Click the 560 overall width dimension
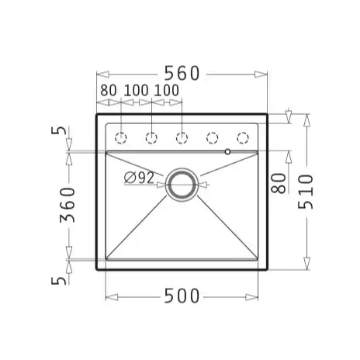coord(182,73)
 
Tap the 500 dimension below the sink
coord(182,296)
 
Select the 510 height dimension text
coord(306,192)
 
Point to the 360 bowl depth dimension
coord(67,205)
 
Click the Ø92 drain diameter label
coord(139,178)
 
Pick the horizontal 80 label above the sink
coord(109,90)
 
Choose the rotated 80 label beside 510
coord(279,183)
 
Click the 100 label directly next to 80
coord(136,90)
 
